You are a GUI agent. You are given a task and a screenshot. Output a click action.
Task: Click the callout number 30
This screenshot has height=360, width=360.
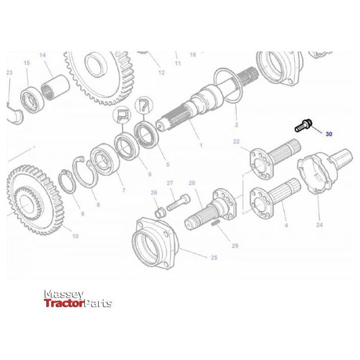329,135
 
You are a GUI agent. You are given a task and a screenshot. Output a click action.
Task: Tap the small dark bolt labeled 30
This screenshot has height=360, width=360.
304,125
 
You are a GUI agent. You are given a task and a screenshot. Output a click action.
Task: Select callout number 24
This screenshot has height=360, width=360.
319,226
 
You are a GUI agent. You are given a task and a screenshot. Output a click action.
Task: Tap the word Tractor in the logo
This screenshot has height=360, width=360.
63,304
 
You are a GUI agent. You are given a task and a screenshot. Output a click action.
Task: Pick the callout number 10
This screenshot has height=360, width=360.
75,236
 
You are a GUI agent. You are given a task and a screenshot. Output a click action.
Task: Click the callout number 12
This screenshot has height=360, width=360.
161,73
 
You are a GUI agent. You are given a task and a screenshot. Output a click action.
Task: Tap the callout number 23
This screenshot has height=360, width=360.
9,73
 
